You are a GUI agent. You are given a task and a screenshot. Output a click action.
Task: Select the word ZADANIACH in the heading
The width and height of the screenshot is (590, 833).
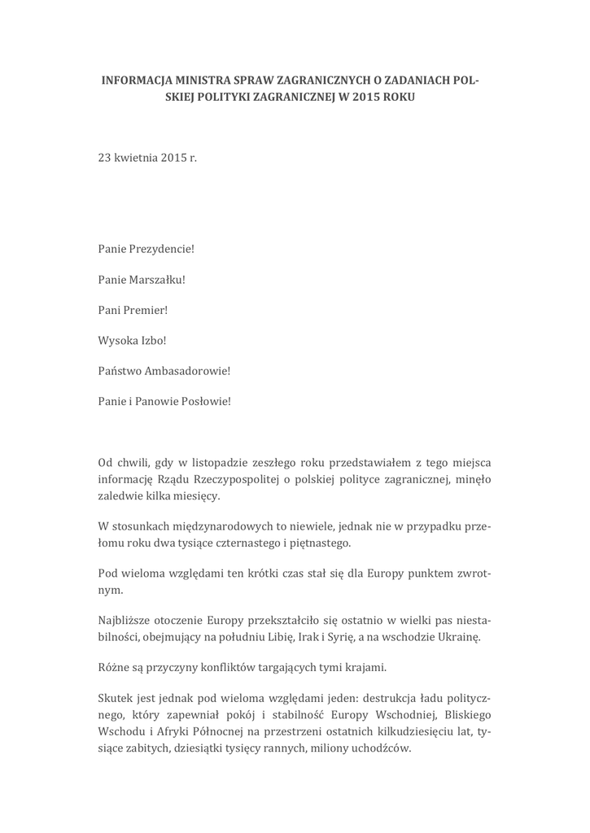pos(416,81)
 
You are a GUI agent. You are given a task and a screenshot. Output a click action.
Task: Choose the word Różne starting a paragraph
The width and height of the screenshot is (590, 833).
pos(114,669)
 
